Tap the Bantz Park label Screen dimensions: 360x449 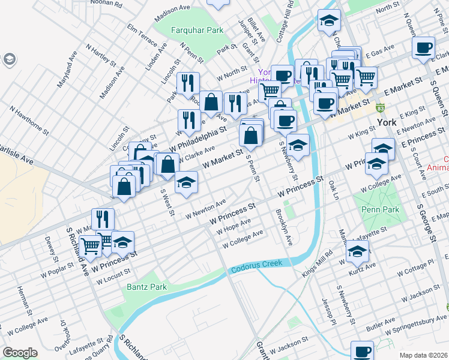point(146,287)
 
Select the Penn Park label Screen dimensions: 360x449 point(376,210)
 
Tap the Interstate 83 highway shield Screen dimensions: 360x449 point(380,109)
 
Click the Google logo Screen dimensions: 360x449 point(20,353)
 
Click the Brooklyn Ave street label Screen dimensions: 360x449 point(283,227)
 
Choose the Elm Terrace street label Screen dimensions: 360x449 point(142,36)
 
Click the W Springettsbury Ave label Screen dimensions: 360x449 point(416,326)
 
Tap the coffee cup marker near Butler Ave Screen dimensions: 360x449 point(363,351)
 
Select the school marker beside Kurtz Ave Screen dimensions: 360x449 point(357,253)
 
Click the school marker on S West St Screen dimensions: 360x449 point(187,182)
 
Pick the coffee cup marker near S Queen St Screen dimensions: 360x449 point(424,47)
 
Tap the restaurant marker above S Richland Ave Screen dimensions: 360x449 point(103,219)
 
